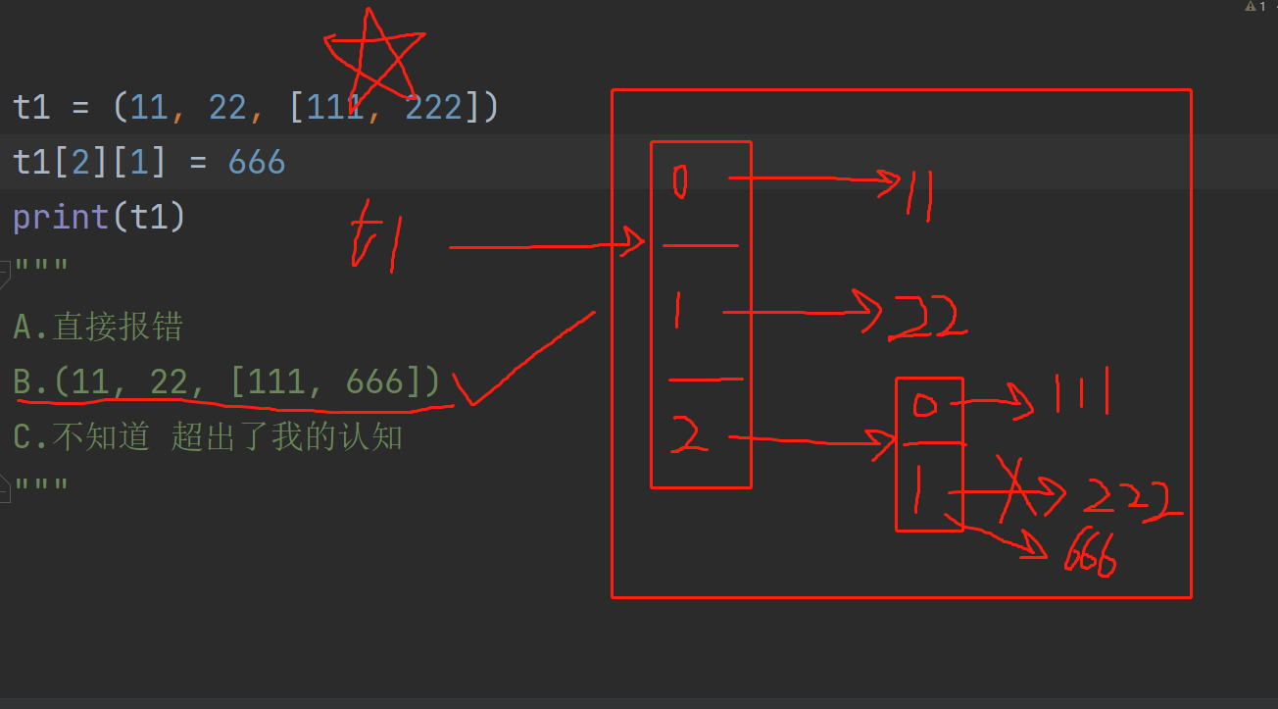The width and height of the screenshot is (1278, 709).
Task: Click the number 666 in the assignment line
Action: point(257,162)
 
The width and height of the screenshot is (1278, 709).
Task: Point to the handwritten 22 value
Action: point(926,317)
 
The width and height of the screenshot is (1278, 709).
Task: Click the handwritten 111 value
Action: point(1081,394)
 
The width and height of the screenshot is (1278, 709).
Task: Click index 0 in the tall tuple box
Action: point(680,180)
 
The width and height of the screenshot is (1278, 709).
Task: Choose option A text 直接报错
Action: point(118,327)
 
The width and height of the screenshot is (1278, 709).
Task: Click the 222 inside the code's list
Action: point(433,107)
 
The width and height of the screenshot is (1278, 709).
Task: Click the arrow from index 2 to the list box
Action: point(813,441)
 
